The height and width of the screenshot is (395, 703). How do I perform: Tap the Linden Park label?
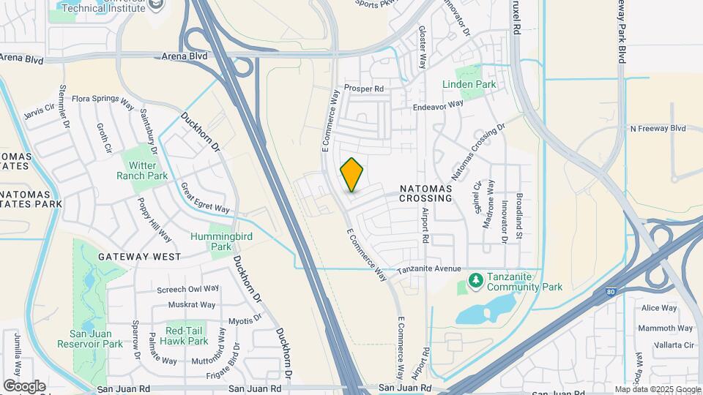pos(469,84)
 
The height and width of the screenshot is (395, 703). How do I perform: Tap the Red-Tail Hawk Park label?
pos(187,336)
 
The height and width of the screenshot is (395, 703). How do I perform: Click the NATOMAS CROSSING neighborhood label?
pos(436,193)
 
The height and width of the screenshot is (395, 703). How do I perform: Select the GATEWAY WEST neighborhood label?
pos(140,257)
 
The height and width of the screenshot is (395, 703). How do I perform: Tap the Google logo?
pos(24,386)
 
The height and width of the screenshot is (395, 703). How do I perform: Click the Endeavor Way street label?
pos(439,105)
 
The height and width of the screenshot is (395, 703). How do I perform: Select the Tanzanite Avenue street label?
pos(429,269)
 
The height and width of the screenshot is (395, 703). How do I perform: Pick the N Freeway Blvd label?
pos(658,128)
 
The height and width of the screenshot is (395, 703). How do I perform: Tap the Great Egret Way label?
pos(205,199)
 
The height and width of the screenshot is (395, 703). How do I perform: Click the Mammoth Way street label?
pos(665,328)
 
